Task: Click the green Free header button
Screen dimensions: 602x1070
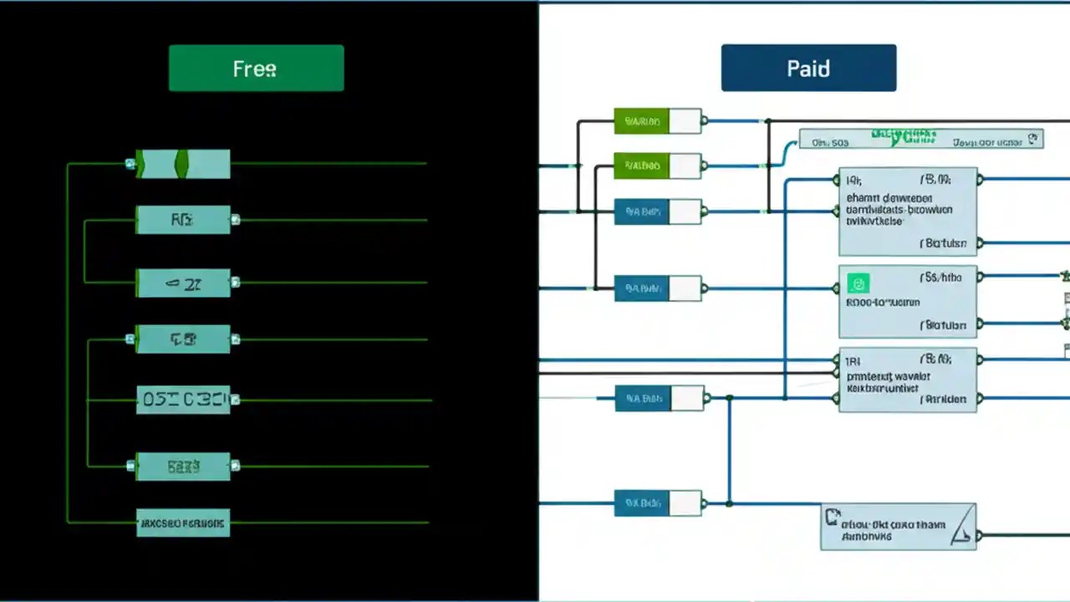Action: click(256, 68)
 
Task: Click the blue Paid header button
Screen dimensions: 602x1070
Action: click(808, 68)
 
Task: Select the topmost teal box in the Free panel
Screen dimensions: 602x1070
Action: click(183, 164)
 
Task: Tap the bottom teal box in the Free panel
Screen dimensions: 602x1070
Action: click(183, 523)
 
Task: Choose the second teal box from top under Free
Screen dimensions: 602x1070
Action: click(183, 220)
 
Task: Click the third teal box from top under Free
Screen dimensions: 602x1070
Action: click(183, 283)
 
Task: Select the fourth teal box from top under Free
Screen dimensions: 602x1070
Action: click(183, 339)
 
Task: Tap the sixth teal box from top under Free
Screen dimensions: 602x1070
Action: click(183, 467)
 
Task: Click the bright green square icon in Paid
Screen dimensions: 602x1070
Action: click(858, 283)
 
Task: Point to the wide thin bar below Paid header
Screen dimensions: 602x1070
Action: click(920, 140)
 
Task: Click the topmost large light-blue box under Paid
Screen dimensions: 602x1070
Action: click(907, 212)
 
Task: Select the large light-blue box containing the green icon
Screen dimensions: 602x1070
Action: click(907, 302)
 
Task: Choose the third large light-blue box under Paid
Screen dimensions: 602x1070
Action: click(907, 380)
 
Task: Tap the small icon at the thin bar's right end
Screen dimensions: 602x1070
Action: click(1033, 139)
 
